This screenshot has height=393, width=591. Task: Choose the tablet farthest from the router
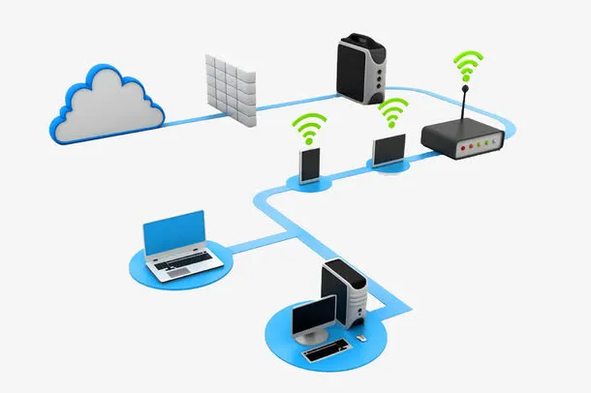coord(310,165)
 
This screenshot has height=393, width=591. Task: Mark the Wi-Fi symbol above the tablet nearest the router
coord(392,111)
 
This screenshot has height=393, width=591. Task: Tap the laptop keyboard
coord(183,262)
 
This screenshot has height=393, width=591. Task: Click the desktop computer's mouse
coord(360,339)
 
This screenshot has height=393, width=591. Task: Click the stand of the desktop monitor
coord(313,335)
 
